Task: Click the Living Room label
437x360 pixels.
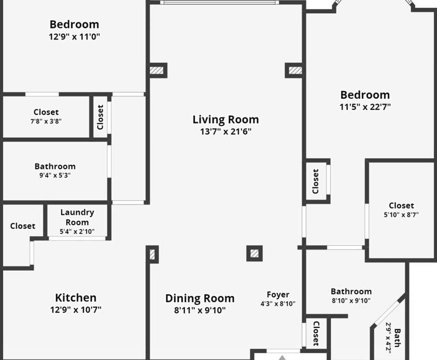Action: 226,120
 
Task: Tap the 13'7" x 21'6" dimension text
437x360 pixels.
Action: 226,132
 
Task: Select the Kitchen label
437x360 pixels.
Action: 76,298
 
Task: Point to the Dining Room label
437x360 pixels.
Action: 200,298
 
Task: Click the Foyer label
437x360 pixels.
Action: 278,294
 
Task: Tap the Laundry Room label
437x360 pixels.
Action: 77,218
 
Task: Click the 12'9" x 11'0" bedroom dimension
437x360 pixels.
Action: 75,37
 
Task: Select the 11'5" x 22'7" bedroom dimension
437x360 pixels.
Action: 365,107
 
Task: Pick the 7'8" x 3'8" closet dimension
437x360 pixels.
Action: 46,121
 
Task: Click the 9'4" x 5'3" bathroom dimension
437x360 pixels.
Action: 55,175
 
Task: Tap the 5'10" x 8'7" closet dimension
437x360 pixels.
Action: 401,215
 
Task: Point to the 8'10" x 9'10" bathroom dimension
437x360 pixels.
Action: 351,301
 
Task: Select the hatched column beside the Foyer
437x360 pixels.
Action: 255,254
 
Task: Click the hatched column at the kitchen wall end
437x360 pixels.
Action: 152,255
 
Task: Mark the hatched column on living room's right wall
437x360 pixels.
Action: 295,70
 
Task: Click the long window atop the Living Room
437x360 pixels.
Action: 219,2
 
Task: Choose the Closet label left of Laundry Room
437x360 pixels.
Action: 23,226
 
